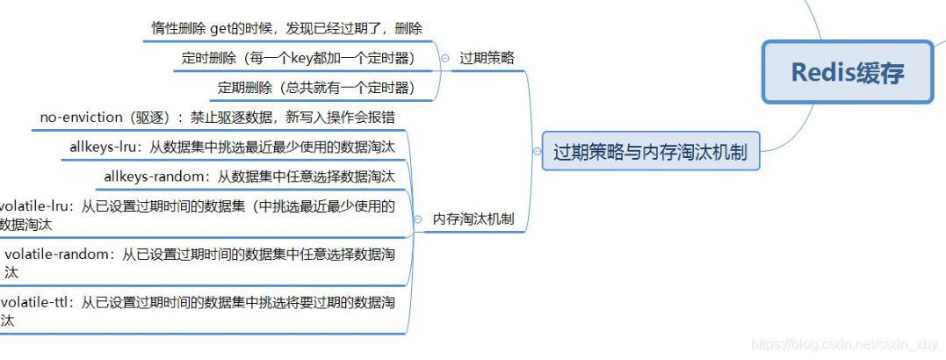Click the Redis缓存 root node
847,72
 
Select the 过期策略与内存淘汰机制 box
650,152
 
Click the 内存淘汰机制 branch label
473,219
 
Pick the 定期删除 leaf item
241,88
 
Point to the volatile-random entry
61,255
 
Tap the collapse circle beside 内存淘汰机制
418,220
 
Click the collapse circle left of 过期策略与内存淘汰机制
537,152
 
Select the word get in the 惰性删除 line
221,29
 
